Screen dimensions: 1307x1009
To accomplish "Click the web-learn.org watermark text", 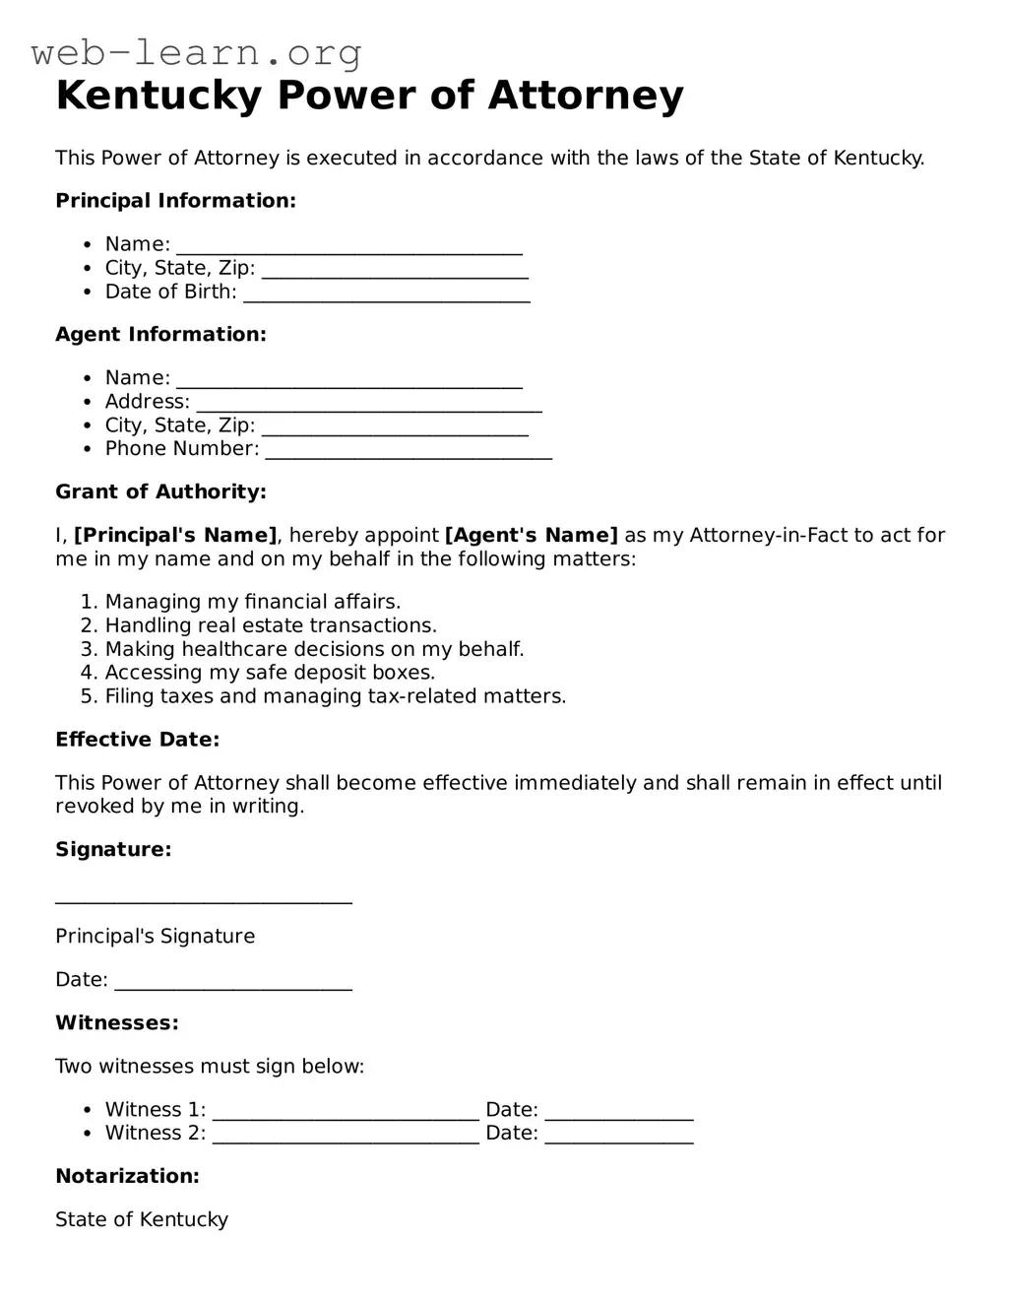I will (x=196, y=52).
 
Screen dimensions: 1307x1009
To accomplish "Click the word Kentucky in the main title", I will (x=158, y=96).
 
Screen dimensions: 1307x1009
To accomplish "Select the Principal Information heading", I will (x=175, y=201).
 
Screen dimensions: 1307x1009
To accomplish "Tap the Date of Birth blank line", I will (x=386, y=295).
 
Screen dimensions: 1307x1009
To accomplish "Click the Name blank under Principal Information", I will (x=348, y=248).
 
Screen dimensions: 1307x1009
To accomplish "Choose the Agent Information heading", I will (x=160, y=335).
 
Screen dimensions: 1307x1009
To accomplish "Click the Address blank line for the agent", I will (x=369, y=405).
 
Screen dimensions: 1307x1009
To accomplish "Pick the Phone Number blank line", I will (x=409, y=452).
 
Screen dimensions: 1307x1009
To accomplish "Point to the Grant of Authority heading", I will (x=160, y=492).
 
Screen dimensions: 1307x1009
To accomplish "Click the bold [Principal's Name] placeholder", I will (x=175, y=536).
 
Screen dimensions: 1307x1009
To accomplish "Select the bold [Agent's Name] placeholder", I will (x=531, y=536).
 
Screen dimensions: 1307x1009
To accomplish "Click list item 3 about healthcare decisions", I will (x=314, y=650).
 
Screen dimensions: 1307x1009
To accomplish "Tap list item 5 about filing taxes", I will (x=335, y=697).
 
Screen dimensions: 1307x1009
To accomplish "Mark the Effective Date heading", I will (x=137, y=740).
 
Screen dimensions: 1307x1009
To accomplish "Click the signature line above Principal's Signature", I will (x=203, y=897).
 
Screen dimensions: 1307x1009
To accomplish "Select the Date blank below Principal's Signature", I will (x=233, y=984).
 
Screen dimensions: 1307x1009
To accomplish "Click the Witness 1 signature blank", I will (x=346, y=1114).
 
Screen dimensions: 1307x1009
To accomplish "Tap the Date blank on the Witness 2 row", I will (x=619, y=1138).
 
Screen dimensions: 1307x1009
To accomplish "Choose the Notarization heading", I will (x=127, y=1177).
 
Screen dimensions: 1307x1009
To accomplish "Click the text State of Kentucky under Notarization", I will (x=142, y=1220).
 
